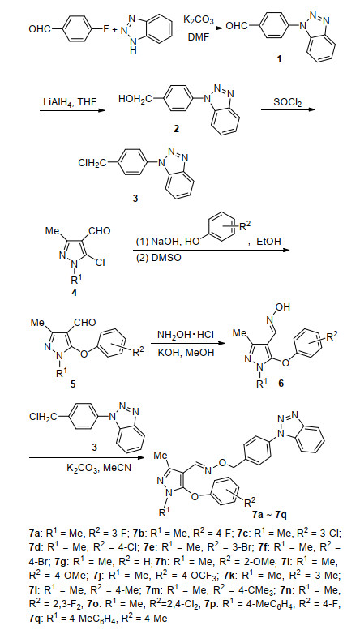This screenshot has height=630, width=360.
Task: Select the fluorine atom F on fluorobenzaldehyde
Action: coord(105,29)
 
